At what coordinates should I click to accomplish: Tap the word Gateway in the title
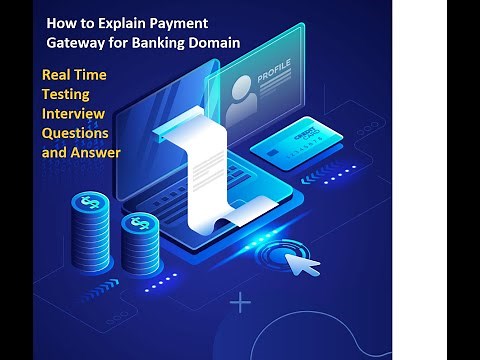[79, 42]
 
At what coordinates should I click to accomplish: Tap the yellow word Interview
[72, 114]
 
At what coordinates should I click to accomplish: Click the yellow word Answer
[97, 152]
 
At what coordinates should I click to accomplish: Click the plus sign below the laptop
[240, 301]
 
